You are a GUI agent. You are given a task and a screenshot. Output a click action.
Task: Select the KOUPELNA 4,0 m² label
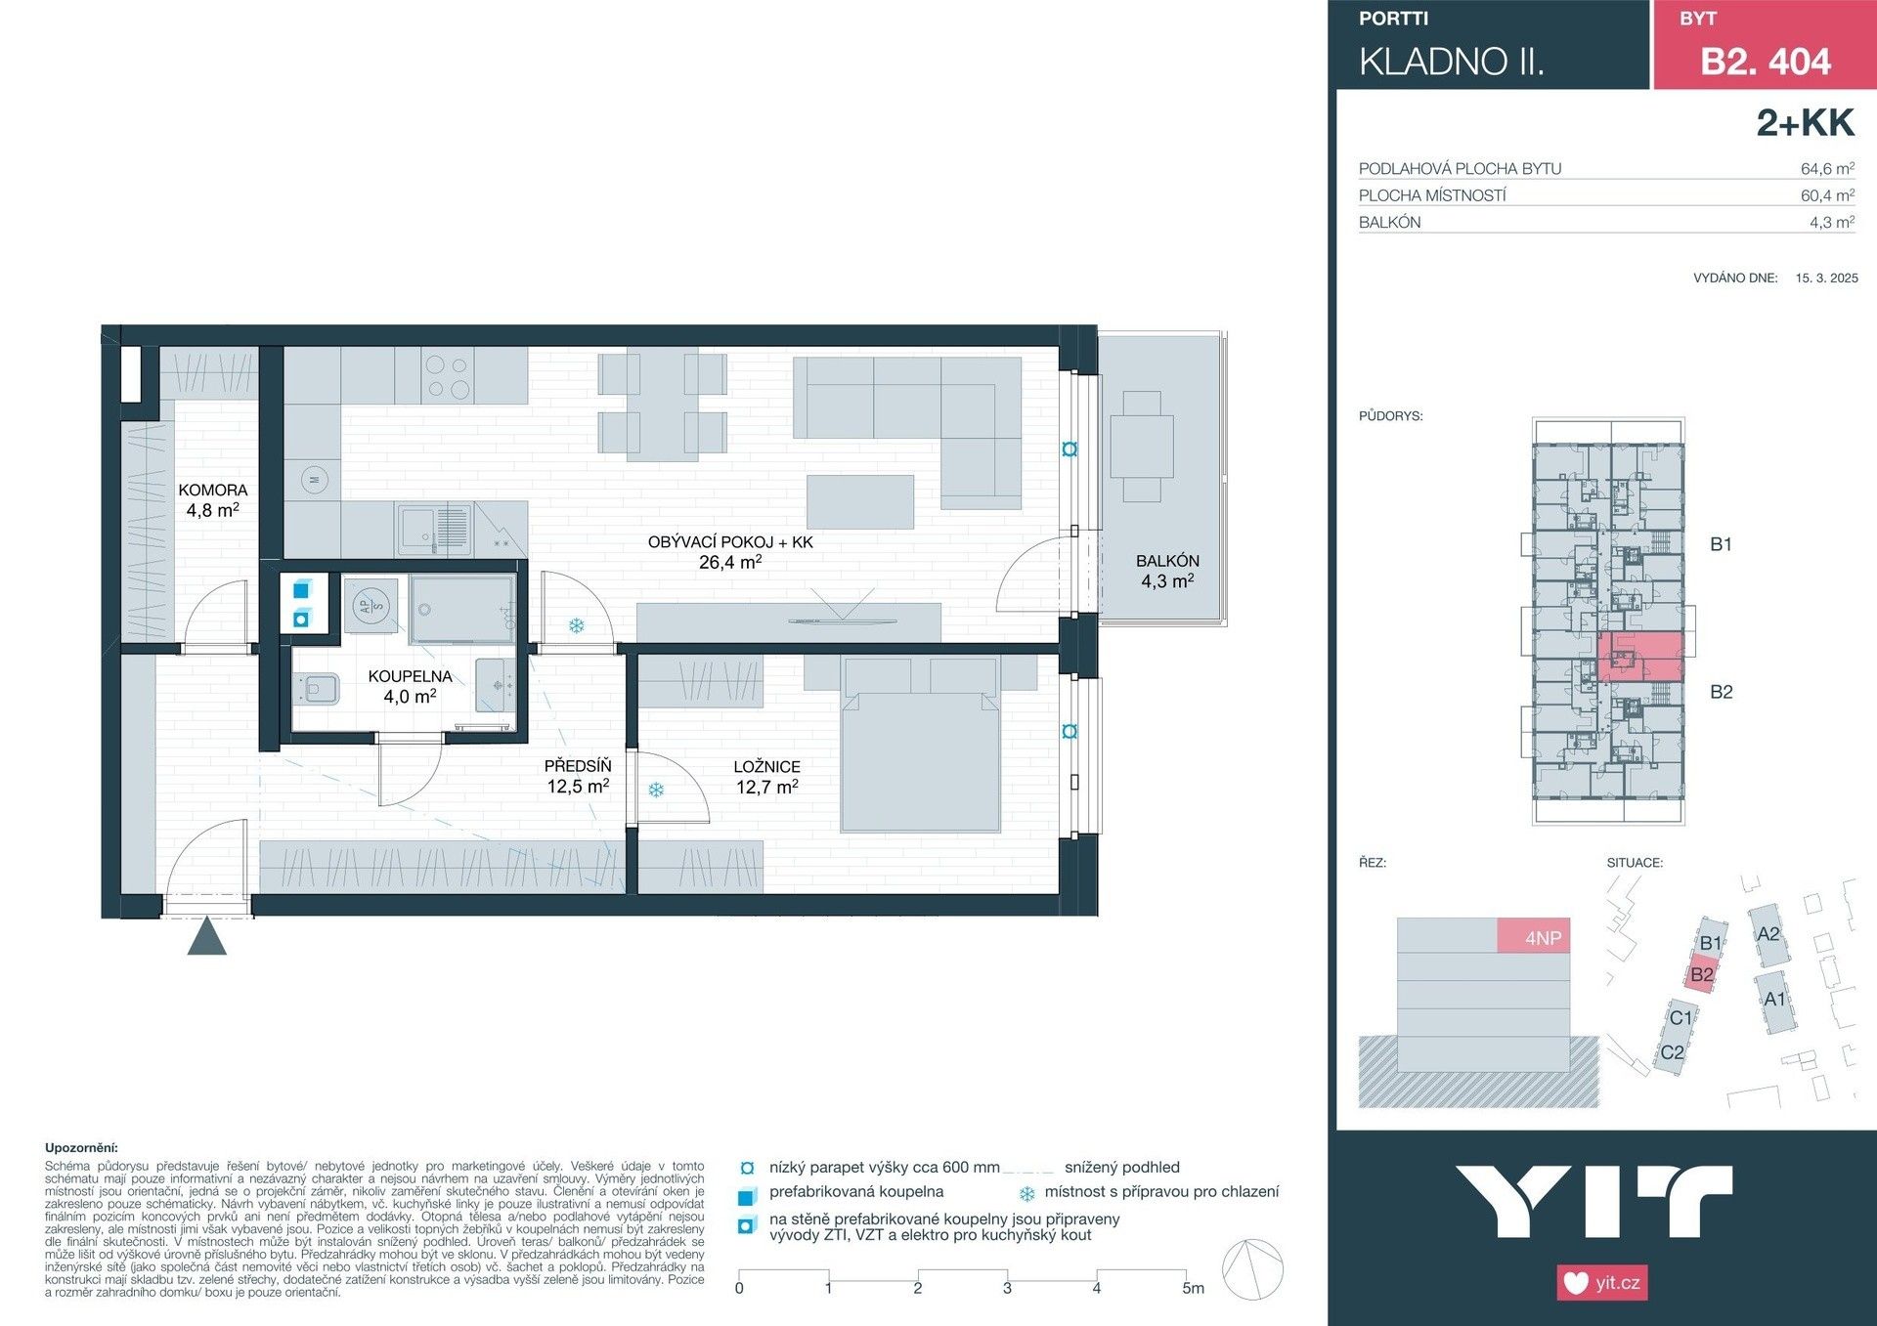410,686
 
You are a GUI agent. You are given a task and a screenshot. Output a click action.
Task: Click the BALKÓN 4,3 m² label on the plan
1167,571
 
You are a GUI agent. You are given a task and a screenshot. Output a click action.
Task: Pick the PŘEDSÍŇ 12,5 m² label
578,776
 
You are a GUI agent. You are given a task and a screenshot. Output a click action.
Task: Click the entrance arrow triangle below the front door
207,937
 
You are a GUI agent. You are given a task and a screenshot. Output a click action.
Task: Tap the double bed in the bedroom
919,752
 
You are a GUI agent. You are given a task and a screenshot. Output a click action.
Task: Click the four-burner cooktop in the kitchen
448,376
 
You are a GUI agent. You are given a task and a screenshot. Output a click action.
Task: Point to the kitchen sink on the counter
420,529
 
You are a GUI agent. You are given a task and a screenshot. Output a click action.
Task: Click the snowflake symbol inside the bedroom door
656,790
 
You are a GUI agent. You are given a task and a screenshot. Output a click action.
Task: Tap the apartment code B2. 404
1765,62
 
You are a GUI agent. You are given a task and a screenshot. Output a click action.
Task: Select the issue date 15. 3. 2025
1826,278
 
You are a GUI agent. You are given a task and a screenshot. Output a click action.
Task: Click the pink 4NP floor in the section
1534,936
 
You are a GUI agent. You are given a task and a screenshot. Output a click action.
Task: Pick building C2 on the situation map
1672,1053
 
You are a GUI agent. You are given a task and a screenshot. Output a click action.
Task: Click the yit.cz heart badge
1601,1282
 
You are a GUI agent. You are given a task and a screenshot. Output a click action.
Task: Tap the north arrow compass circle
1253,1269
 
